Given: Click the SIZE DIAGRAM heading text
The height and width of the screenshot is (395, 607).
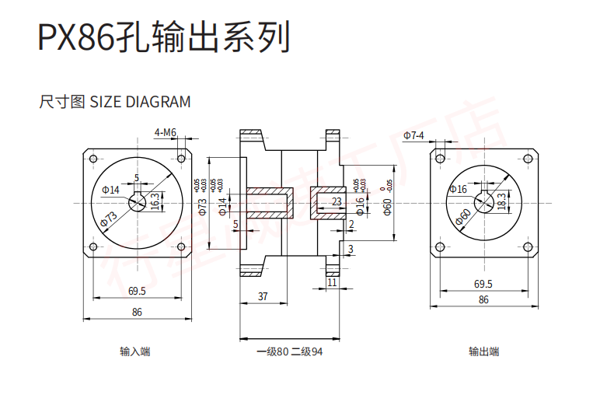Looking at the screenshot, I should [114, 102].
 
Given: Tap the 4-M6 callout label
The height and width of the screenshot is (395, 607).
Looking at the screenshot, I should [166, 132].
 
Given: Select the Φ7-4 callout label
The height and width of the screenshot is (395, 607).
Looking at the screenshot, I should [413, 135].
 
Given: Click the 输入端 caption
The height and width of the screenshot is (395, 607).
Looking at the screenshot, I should [134, 351].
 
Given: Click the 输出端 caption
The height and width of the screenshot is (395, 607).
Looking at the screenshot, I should [483, 351].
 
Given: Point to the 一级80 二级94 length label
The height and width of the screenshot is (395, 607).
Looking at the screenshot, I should [289, 351].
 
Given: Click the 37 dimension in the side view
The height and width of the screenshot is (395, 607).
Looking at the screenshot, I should [263, 296].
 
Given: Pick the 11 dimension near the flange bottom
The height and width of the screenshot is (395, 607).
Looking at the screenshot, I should [332, 283].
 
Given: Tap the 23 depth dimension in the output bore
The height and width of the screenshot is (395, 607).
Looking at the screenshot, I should [337, 201].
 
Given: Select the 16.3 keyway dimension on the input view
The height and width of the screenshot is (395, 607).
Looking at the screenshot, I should [155, 201].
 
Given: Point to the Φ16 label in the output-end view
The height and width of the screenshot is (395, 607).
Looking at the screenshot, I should [458, 189].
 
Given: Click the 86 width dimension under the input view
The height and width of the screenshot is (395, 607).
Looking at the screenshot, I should [137, 312].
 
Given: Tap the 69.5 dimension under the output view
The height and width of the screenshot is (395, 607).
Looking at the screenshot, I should [483, 284].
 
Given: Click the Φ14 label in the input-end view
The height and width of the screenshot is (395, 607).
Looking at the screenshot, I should [110, 190].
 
